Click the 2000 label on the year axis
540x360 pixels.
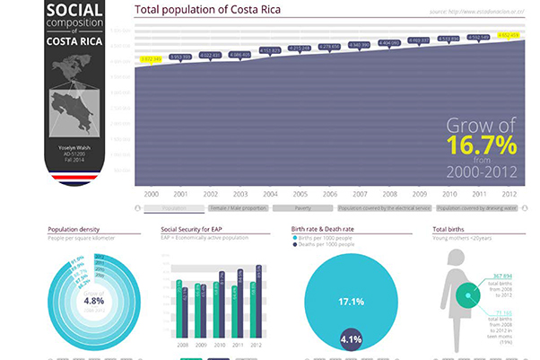tap(151, 193)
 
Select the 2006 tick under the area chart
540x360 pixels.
tap(329, 193)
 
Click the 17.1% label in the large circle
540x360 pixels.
tap(351, 301)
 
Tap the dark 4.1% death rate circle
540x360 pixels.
tap(352, 339)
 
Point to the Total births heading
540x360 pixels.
tap(449, 229)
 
